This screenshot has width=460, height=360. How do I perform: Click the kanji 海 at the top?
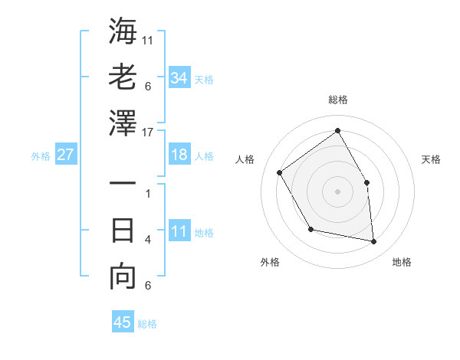pyautogui.click(x=123, y=33)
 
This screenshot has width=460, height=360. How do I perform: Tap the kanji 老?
pyautogui.click(x=123, y=77)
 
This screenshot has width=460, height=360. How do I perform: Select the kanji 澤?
pyautogui.click(x=123, y=123)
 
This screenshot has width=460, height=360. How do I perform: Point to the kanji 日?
pyautogui.click(x=123, y=231)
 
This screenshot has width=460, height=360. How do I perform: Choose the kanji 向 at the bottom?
pyautogui.click(x=123, y=277)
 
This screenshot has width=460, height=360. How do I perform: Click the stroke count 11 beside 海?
pyautogui.click(x=147, y=40)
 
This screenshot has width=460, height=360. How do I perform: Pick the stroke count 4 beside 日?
pyautogui.click(x=147, y=240)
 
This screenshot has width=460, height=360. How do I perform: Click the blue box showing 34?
pyautogui.click(x=179, y=77)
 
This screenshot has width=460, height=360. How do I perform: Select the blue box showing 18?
pyautogui.click(x=179, y=155)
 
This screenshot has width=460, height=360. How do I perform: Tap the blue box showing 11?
pyautogui.click(x=179, y=231)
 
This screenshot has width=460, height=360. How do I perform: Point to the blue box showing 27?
pyautogui.click(x=66, y=155)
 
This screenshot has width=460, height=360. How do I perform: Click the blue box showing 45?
pyautogui.click(x=123, y=322)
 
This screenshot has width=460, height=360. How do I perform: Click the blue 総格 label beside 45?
pyautogui.click(x=147, y=324)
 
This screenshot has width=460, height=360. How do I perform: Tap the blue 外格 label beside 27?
pyautogui.click(x=41, y=156)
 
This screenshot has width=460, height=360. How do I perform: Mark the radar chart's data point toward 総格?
pyautogui.click(x=337, y=130)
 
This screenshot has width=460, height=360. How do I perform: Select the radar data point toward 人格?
pyautogui.click(x=280, y=172)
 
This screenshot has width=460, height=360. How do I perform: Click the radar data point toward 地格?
pyautogui.click(x=374, y=241)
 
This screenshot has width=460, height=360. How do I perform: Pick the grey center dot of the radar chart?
pyautogui.click(x=337, y=191)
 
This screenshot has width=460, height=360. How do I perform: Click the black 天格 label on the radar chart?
pyautogui.click(x=431, y=159)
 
